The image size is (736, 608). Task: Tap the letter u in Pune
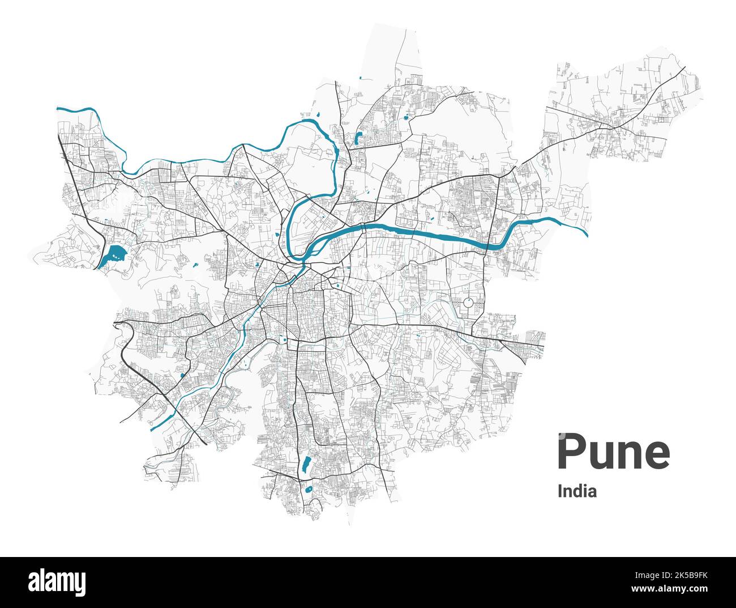coord(602,454)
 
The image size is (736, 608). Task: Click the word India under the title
coord(577,491)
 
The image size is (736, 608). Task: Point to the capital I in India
coord(560,491)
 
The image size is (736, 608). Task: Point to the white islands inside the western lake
coord(116,256)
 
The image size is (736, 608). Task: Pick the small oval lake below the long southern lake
coord(309,488)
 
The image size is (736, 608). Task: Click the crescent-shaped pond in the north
coord(358,138)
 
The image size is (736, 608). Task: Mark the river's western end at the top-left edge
coord(58,108)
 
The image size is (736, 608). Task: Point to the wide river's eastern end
coord(586,233)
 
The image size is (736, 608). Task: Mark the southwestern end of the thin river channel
coord(152,429)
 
